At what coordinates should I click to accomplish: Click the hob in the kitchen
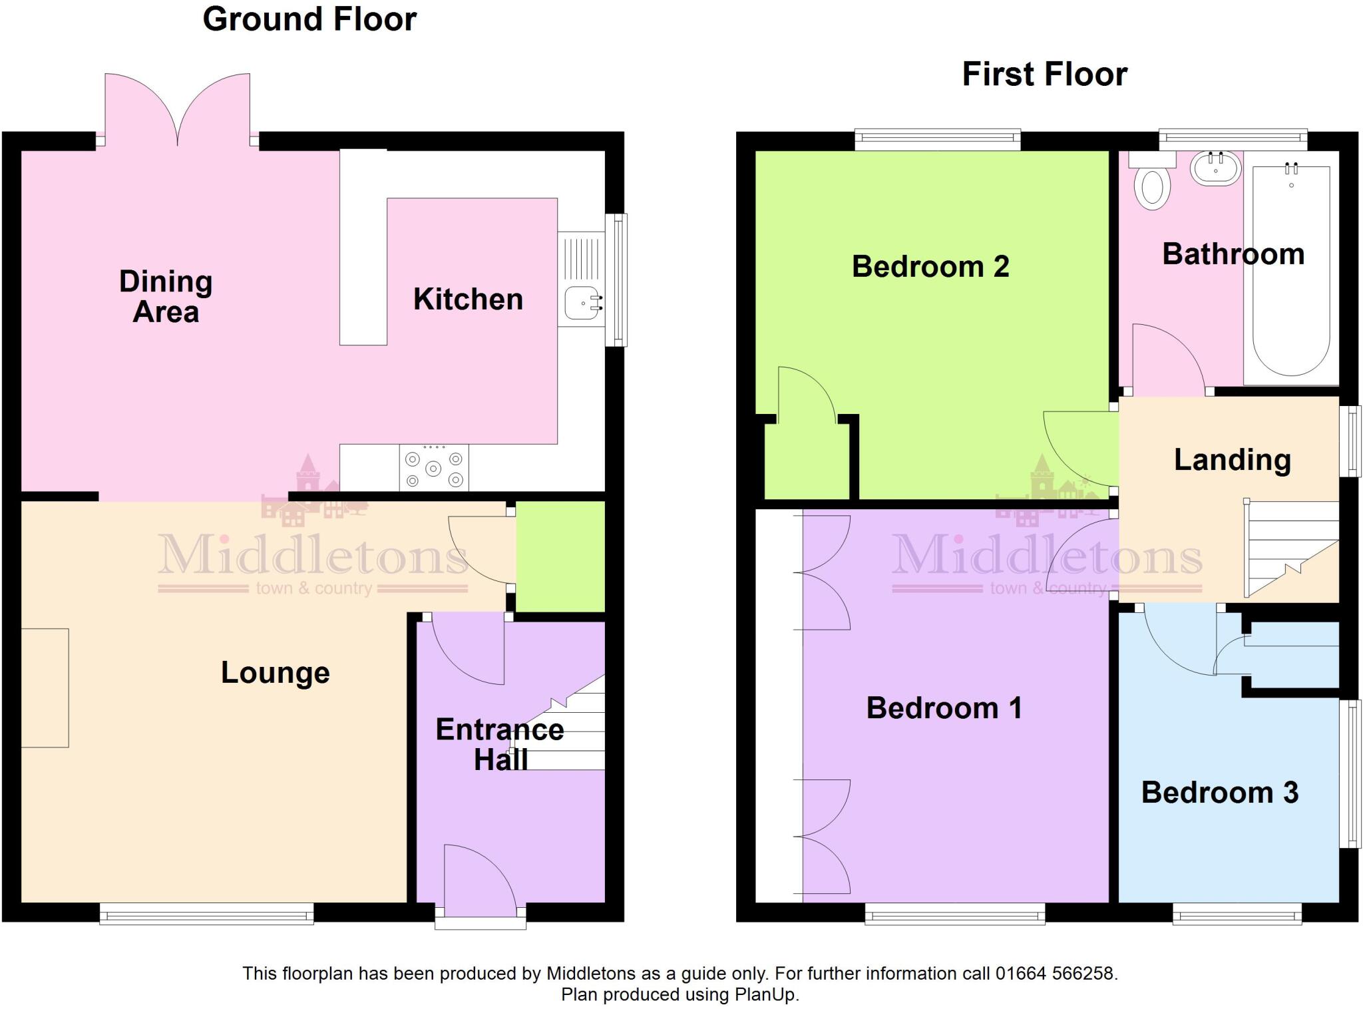tap(434, 469)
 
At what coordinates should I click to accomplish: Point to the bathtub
tap(1290, 270)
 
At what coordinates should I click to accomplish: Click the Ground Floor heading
tap(309, 19)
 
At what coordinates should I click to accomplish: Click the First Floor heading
tap(1044, 74)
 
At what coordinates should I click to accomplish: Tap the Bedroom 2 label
tap(930, 267)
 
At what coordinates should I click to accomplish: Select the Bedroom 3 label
tap(1219, 793)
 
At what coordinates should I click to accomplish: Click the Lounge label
tap(275, 673)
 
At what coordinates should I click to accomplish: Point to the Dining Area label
tap(166, 297)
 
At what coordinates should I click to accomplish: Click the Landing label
tap(1232, 460)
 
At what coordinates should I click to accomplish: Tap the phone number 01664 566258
tap(1054, 974)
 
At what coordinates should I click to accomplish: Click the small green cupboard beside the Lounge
tap(560, 556)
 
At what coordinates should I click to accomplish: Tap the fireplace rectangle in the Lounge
tap(45, 688)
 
